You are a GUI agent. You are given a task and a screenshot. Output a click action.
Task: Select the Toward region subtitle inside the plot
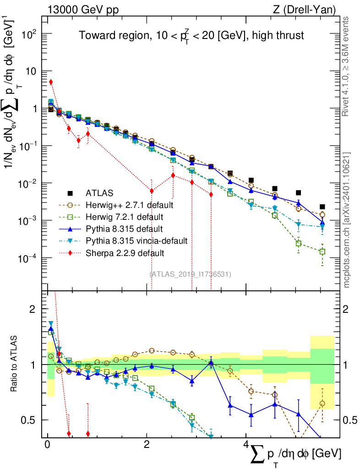(191, 36)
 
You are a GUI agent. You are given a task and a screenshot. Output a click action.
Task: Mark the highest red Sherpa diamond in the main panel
(51, 82)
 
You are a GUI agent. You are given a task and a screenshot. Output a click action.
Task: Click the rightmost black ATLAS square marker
(322, 207)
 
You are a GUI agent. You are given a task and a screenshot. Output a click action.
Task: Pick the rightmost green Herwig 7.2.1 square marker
(322, 251)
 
